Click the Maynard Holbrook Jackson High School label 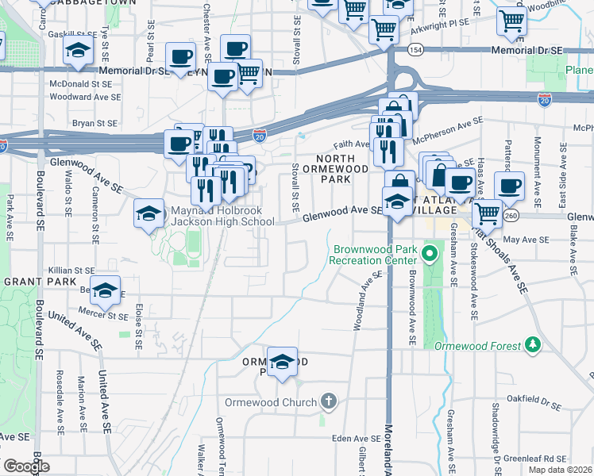222,217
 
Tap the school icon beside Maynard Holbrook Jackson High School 148,213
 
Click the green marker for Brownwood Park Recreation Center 430,255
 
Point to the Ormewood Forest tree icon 533,345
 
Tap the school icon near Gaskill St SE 77,50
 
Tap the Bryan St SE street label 94,123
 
